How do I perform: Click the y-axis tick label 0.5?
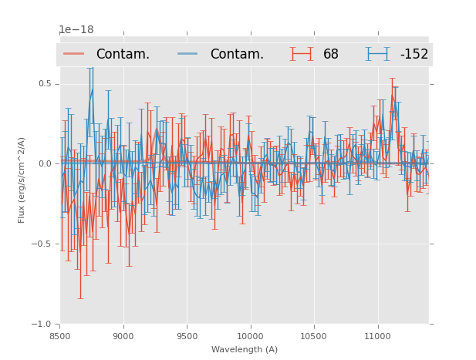(x=46, y=83)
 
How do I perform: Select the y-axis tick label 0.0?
(x=46, y=163)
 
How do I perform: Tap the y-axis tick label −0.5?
(x=43, y=244)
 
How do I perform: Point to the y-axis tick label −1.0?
(x=43, y=324)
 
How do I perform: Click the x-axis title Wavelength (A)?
(x=245, y=349)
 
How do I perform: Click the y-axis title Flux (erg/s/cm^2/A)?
(x=22, y=180)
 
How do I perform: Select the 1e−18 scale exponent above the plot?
(x=76, y=30)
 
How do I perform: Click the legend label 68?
(x=331, y=55)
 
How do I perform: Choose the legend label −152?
(x=414, y=55)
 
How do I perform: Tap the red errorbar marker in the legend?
(x=302, y=54)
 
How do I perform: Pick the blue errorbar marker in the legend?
(x=378, y=54)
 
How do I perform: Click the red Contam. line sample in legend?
(x=74, y=54)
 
